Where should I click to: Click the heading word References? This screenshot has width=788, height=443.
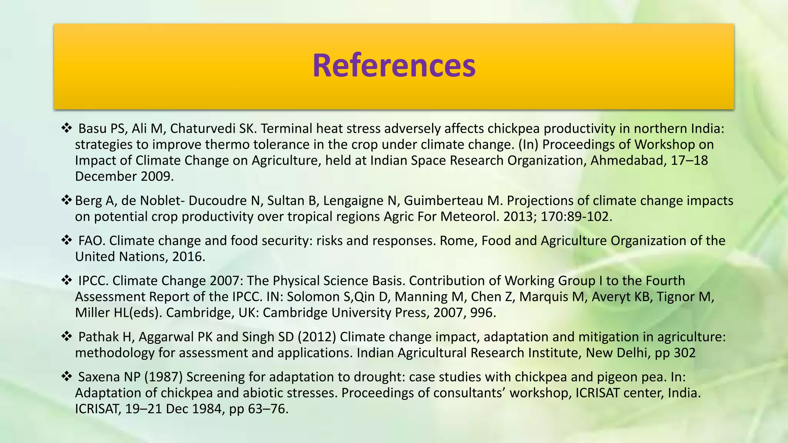click(x=394, y=65)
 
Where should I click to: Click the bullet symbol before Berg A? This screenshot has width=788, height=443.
click(x=67, y=200)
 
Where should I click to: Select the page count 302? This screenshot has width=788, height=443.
click(x=684, y=353)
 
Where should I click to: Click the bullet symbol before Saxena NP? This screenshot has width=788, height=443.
click(x=67, y=376)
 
